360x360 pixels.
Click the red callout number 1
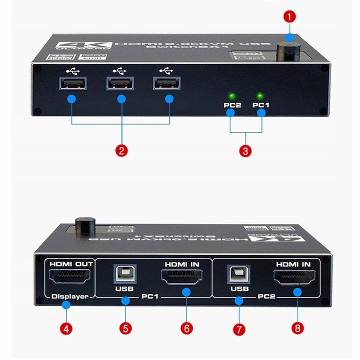point(289,16)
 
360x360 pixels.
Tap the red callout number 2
point(120,150)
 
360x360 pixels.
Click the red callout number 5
point(125,328)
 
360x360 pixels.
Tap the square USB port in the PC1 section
point(124,274)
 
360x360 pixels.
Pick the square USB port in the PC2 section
point(238,274)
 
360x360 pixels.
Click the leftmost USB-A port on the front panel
point(72,83)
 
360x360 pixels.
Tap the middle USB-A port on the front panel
point(120,83)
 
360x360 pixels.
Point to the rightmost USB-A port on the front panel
point(167,83)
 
